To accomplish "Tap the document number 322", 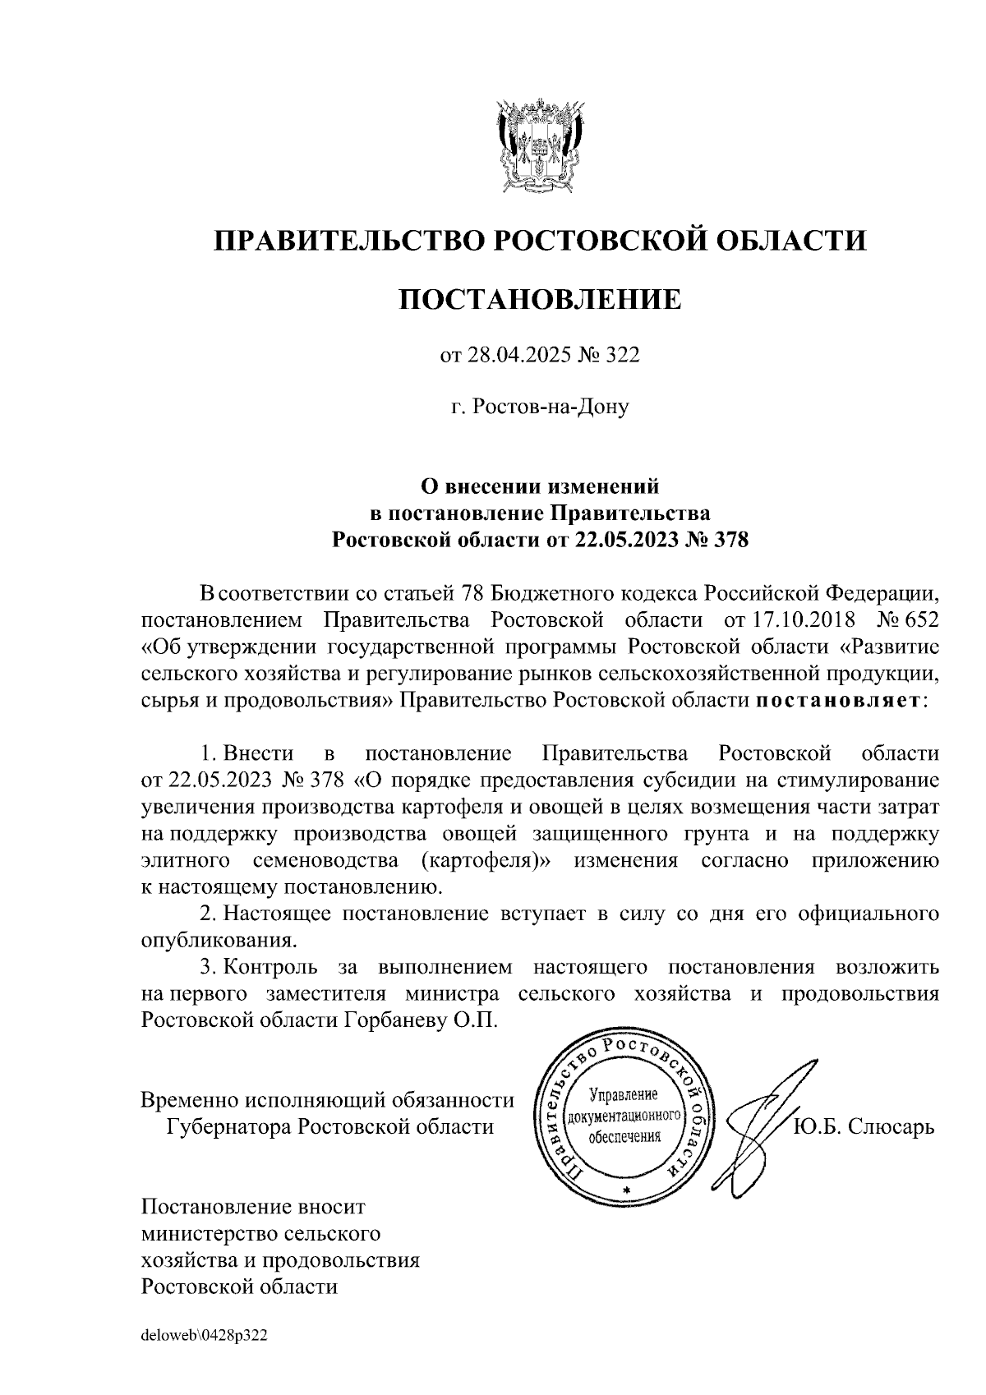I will [x=622, y=355].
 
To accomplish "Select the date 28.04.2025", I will [x=520, y=355].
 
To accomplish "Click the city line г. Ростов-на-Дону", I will [x=540, y=407].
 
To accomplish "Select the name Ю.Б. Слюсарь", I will [x=864, y=1126].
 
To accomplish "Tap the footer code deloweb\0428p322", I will [x=205, y=1335].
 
